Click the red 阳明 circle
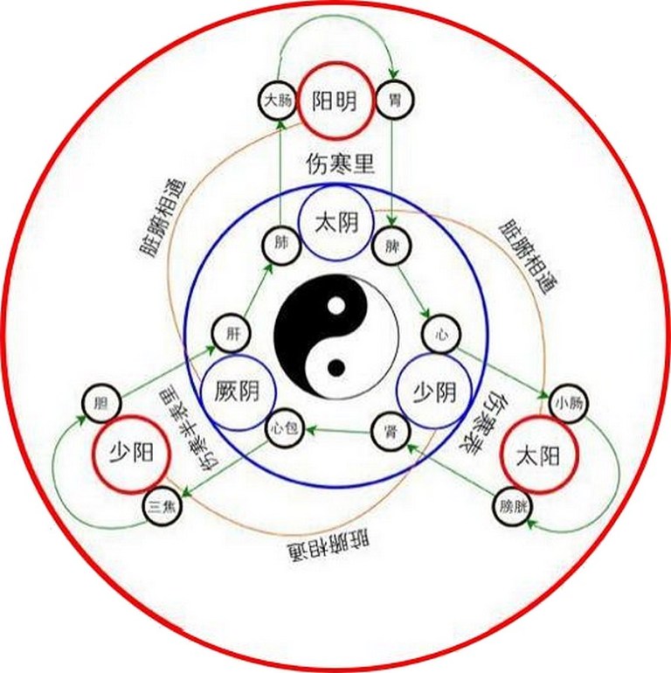(x=335, y=102)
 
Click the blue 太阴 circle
(x=335, y=224)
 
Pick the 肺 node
(x=280, y=246)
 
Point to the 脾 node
(x=390, y=246)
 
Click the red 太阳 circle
(x=542, y=454)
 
